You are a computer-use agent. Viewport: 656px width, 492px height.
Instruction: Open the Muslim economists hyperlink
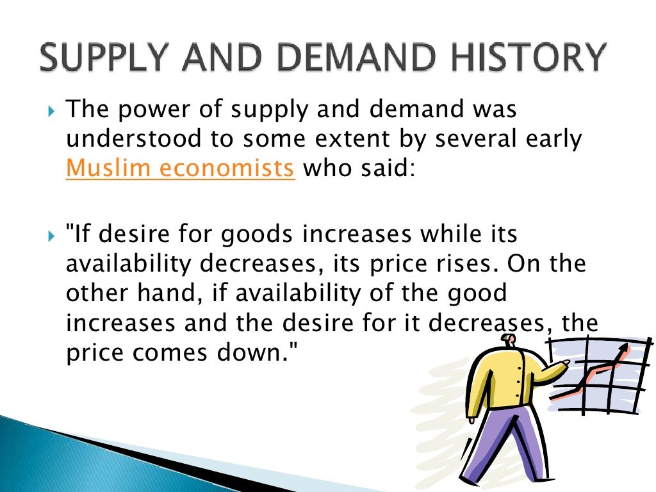[180, 168]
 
